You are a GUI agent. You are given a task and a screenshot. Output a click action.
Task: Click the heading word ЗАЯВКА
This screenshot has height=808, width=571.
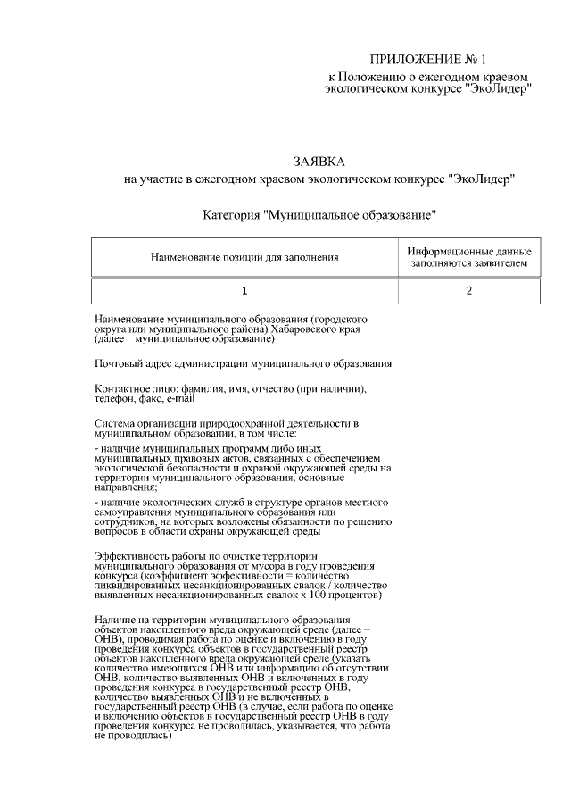319,162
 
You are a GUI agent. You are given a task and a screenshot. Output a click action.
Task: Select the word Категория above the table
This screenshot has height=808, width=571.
231,215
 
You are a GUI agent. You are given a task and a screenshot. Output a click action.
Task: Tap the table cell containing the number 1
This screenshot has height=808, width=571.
244,290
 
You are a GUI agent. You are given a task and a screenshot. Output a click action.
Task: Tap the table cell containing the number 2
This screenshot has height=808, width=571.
468,290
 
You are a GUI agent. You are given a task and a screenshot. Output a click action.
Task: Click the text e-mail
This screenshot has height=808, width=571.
179,399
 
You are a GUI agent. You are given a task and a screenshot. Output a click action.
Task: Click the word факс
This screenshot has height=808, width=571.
150,399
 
